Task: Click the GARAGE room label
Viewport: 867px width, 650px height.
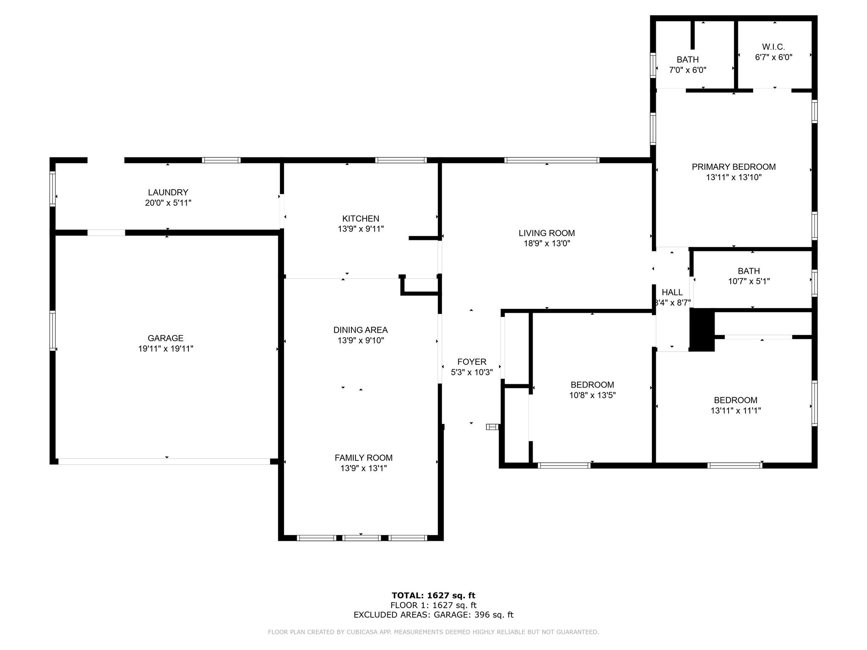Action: pyautogui.click(x=166, y=338)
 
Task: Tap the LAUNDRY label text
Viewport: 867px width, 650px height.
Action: pyautogui.click(x=168, y=192)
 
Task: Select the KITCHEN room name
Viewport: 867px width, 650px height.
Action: pyautogui.click(x=361, y=218)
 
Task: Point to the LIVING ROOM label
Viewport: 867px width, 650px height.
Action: pyautogui.click(x=547, y=233)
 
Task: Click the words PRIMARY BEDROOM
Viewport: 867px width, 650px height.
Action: pyautogui.click(x=734, y=167)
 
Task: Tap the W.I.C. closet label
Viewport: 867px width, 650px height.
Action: pyautogui.click(x=773, y=47)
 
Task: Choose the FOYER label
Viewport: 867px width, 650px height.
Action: pyautogui.click(x=472, y=362)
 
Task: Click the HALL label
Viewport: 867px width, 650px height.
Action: pyautogui.click(x=672, y=292)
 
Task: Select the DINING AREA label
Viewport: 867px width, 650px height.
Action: pyautogui.click(x=361, y=330)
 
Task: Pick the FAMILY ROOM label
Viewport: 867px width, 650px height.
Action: pyautogui.click(x=364, y=457)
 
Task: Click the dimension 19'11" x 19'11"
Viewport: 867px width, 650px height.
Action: pyautogui.click(x=166, y=349)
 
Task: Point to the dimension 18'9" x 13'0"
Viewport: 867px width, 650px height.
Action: pyautogui.click(x=547, y=243)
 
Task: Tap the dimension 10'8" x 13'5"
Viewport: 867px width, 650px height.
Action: pyautogui.click(x=592, y=395)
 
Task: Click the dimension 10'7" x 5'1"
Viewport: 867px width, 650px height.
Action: pyautogui.click(x=749, y=281)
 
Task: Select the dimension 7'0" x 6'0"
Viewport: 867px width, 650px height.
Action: pyautogui.click(x=688, y=70)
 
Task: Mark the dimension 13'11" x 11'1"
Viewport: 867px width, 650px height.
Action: pyautogui.click(x=736, y=410)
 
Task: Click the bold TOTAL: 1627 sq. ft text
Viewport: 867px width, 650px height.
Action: pyautogui.click(x=433, y=596)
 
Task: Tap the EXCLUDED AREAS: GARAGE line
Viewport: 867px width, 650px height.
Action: pyautogui.click(x=433, y=615)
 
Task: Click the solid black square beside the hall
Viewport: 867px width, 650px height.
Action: pyautogui.click(x=702, y=330)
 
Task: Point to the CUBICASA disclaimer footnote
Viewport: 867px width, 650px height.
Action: pyautogui.click(x=433, y=632)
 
